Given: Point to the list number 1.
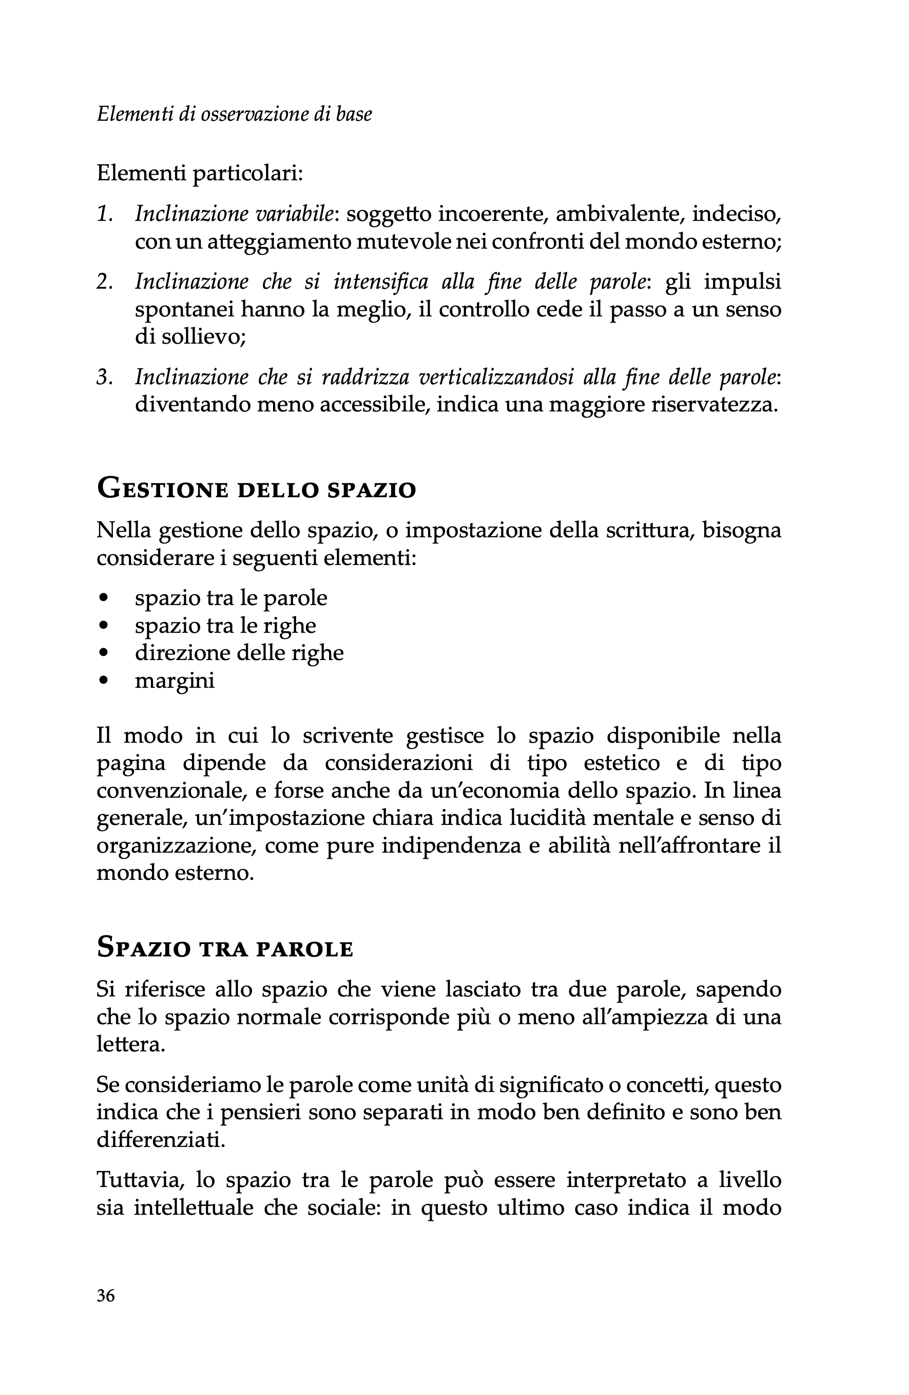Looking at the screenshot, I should (x=104, y=215).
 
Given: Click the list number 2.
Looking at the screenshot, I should (x=104, y=282).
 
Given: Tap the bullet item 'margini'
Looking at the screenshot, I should (x=175, y=681).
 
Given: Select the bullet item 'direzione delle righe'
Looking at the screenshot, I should (x=239, y=652).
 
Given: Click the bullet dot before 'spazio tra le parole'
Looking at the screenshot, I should (x=104, y=598).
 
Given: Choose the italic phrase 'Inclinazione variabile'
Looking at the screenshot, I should (x=234, y=215).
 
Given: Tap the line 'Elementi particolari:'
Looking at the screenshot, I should (x=200, y=174).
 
